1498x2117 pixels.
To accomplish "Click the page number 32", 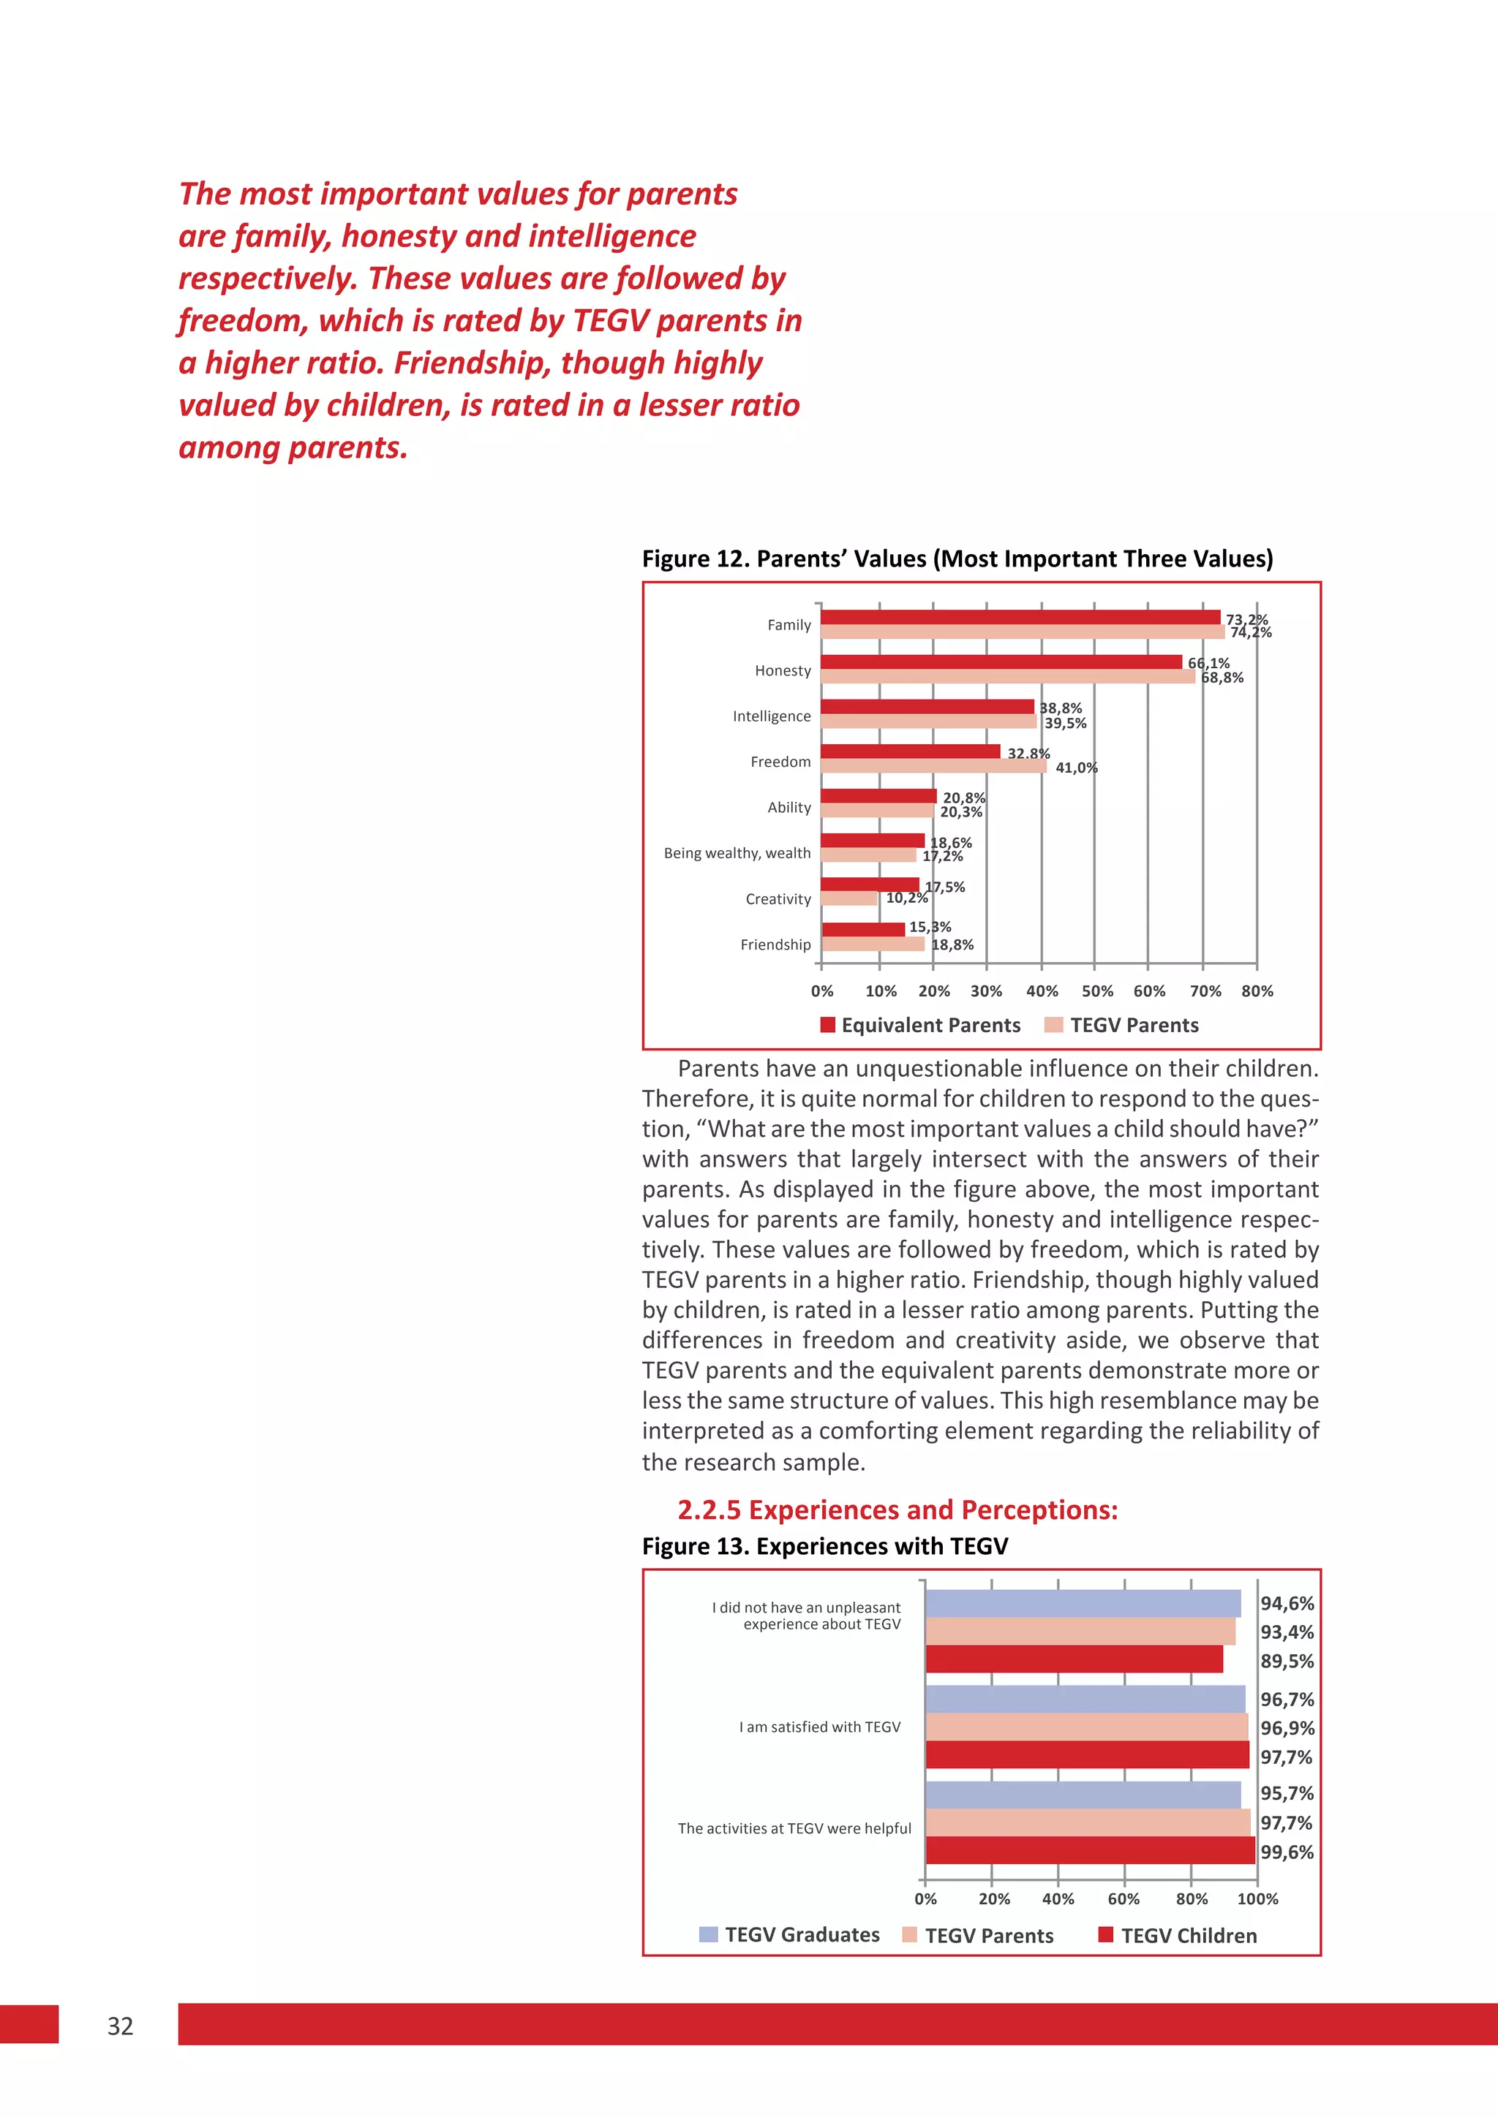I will pyautogui.click(x=120, y=2026).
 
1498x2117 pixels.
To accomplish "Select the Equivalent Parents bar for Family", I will pyautogui.click(x=1019, y=618).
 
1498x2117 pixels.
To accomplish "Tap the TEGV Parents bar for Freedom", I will pyautogui.click(x=933, y=766).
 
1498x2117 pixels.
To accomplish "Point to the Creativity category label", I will pyautogui.click(x=778, y=899).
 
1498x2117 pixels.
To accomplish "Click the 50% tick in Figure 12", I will pyautogui.click(x=1096, y=991).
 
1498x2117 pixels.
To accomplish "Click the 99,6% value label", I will pyautogui.click(x=1287, y=1852).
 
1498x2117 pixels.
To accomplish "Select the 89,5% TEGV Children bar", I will pyautogui.click(x=1074, y=1659).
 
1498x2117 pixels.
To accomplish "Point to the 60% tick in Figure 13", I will pyautogui.click(x=1123, y=1898).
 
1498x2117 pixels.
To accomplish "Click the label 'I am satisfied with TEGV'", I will pyautogui.click(x=819, y=1727).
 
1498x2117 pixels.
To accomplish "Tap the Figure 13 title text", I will pyautogui.click(x=824, y=1546).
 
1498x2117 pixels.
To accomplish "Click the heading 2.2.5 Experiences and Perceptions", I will pyautogui.click(x=897, y=1510).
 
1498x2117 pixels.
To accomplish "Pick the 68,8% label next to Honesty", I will pyautogui.click(x=1222, y=678).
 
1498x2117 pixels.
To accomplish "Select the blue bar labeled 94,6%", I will pyautogui.click(x=1083, y=1603).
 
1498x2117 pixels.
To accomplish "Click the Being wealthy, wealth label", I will pyautogui.click(x=737, y=853).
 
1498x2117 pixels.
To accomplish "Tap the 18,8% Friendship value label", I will pyautogui.click(x=952, y=945).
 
